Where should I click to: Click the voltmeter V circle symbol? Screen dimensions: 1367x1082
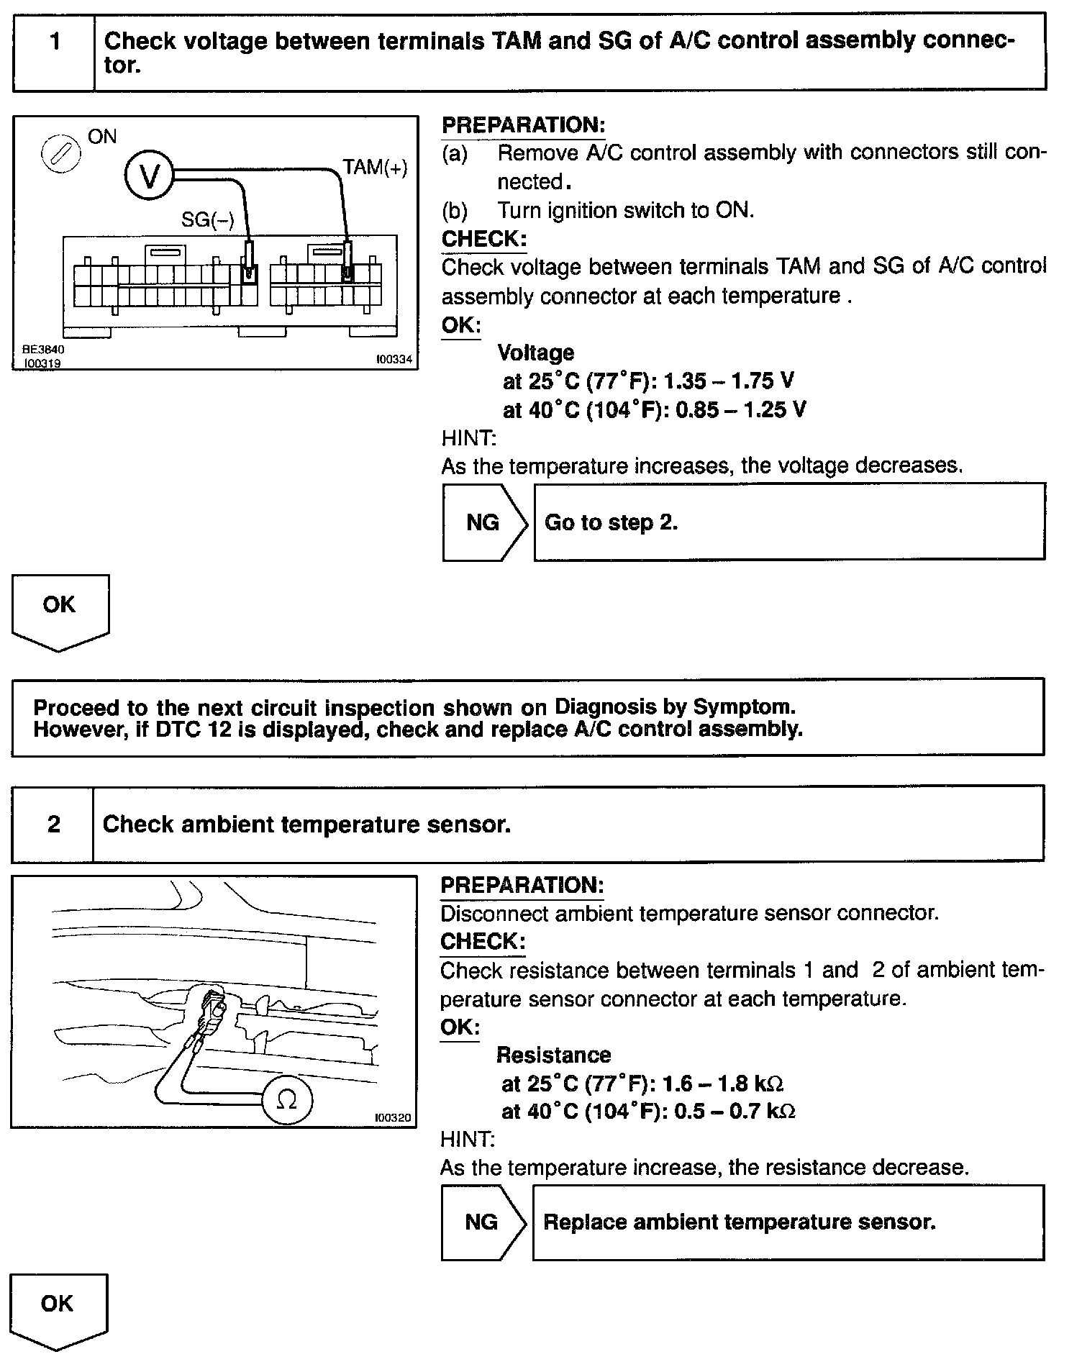(150, 176)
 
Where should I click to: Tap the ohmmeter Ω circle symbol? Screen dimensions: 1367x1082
(286, 1100)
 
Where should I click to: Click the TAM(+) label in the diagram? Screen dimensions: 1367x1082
(375, 168)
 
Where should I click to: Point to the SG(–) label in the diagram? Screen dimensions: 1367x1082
(208, 219)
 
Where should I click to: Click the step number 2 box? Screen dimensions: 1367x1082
(53, 824)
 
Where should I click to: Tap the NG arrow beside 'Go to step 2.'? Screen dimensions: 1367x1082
(483, 522)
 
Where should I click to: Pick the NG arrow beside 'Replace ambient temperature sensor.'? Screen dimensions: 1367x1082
(482, 1222)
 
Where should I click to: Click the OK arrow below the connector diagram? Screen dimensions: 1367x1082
(60, 609)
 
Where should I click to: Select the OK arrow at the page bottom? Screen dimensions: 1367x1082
(58, 1308)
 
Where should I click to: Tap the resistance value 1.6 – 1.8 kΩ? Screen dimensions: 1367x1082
(722, 1084)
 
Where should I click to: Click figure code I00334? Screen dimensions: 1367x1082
(394, 359)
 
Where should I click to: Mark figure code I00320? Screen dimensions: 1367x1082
(393, 1118)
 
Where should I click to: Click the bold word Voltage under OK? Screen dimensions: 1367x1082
(536, 353)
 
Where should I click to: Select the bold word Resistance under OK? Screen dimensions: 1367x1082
(553, 1055)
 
